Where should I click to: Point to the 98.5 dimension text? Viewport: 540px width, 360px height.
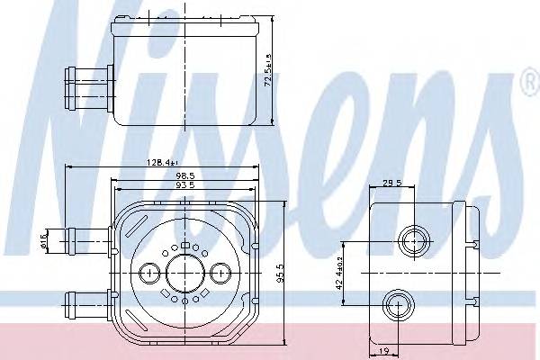[184, 175]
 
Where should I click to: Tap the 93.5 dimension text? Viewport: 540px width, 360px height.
[184, 186]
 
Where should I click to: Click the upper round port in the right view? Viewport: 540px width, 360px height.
[415, 240]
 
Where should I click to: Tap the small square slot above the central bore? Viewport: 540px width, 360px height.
[184, 245]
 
